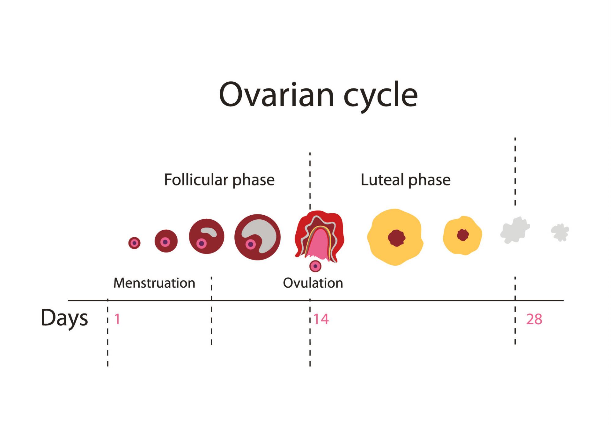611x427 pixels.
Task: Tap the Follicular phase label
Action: pyautogui.click(x=219, y=180)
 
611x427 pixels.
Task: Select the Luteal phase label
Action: pyautogui.click(x=405, y=180)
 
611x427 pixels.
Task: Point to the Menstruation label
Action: pyautogui.click(x=154, y=283)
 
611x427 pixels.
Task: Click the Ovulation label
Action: pyautogui.click(x=313, y=283)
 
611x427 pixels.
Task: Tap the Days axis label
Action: pyautogui.click(x=64, y=318)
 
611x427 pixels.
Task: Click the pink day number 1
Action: pyautogui.click(x=117, y=319)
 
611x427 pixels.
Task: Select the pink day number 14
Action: pyautogui.click(x=321, y=319)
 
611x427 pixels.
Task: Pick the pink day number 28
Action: pyautogui.click(x=534, y=319)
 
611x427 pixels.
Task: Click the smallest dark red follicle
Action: pyautogui.click(x=134, y=243)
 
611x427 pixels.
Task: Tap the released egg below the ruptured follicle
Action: pyautogui.click(x=315, y=266)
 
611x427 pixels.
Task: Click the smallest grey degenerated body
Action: pyautogui.click(x=560, y=232)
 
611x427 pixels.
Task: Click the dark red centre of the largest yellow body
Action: pyautogui.click(x=397, y=238)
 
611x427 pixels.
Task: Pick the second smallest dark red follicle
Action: pyautogui.click(x=166, y=241)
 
